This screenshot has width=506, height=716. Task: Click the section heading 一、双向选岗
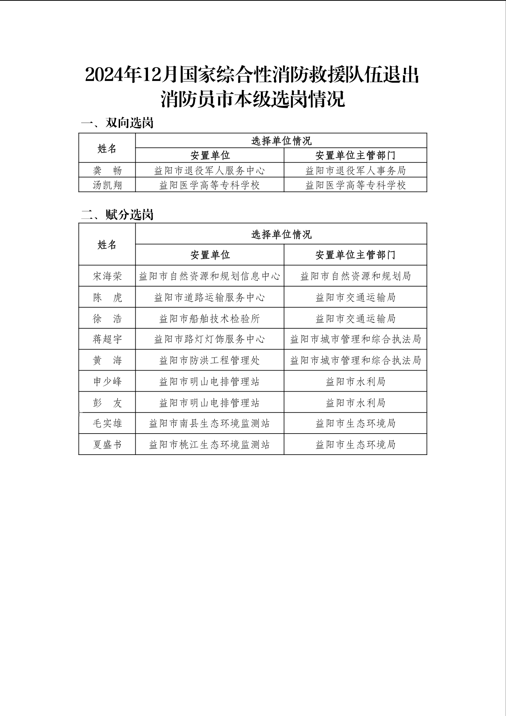pyautogui.click(x=117, y=123)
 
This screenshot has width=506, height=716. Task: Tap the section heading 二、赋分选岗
pyautogui.click(x=117, y=215)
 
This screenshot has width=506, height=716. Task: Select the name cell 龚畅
pyautogui.click(x=107, y=170)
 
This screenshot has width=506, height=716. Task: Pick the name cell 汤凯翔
pyautogui.click(x=107, y=185)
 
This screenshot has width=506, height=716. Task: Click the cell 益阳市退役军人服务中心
pyautogui.click(x=209, y=170)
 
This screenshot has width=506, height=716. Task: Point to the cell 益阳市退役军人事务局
pyautogui.click(x=355, y=170)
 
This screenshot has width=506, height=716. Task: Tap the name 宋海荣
pyautogui.click(x=107, y=276)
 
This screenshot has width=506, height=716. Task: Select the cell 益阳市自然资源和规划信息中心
pyautogui.click(x=209, y=276)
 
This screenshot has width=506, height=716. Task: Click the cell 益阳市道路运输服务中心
pyautogui.click(x=209, y=297)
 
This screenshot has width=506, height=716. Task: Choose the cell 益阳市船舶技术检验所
pyautogui.click(x=209, y=319)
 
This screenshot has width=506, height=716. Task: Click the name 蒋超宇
pyautogui.click(x=107, y=339)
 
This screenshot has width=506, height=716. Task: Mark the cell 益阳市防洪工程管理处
pyautogui.click(x=209, y=360)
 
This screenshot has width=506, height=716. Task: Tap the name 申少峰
pyautogui.click(x=107, y=381)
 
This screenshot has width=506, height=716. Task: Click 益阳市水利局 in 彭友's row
pyautogui.click(x=355, y=403)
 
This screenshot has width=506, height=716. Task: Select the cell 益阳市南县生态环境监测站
pyautogui.click(x=209, y=423)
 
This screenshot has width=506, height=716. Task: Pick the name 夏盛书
pyautogui.click(x=107, y=444)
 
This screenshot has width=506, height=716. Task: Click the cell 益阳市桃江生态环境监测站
pyautogui.click(x=209, y=444)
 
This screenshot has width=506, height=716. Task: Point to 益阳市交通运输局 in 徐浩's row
pyautogui.click(x=355, y=319)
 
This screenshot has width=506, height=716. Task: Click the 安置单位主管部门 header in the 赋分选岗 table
pyautogui.click(x=355, y=255)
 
